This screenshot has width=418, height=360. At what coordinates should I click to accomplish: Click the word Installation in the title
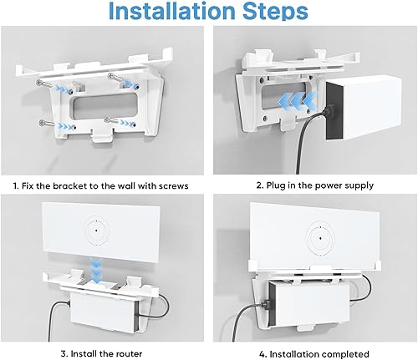click(x=172, y=11)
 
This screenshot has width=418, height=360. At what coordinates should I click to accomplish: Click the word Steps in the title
click(x=275, y=11)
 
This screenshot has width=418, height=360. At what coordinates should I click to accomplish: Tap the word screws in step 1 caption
click(x=173, y=185)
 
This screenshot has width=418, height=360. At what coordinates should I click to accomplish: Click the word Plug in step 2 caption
click(x=274, y=185)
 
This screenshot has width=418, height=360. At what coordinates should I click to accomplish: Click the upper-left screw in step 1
click(x=44, y=83)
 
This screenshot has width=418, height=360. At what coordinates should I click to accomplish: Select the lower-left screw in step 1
click(x=47, y=123)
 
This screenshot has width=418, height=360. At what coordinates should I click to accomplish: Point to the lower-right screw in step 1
click(x=111, y=120)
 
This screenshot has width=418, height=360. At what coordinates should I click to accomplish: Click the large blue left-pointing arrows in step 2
click(x=298, y=99)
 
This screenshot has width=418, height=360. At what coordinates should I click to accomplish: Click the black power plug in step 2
click(x=329, y=109)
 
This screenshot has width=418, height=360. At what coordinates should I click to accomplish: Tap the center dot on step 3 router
click(x=96, y=231)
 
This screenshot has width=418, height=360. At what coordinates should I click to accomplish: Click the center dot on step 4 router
click(x=320, y=238)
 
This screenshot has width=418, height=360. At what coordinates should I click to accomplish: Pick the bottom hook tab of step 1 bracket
click(x=103, y=137)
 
